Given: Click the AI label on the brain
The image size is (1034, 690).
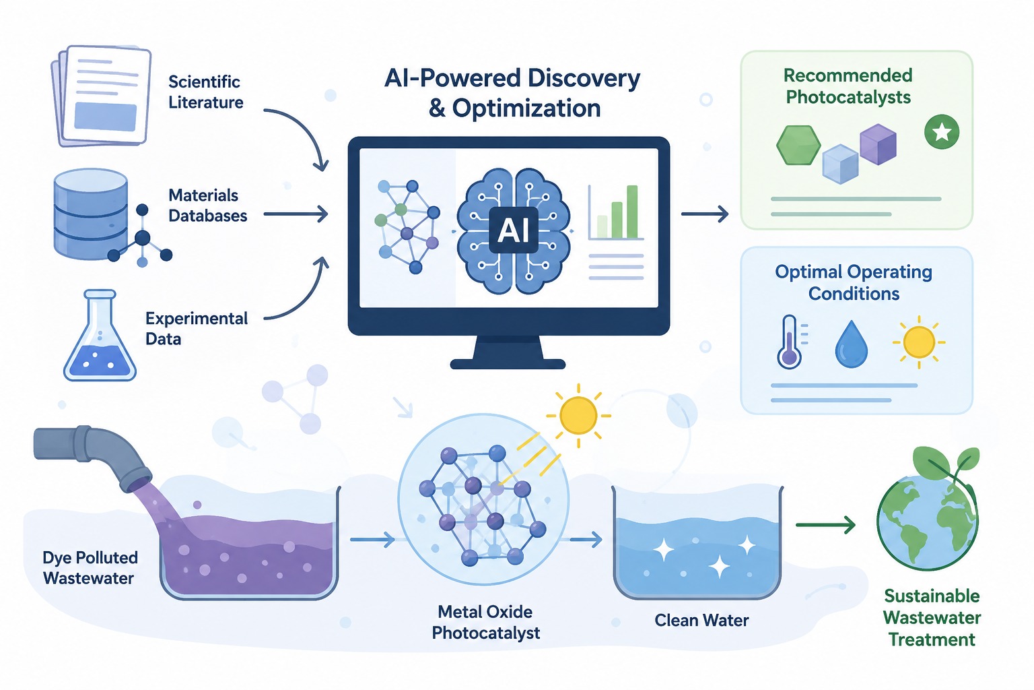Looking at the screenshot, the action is [514, 230].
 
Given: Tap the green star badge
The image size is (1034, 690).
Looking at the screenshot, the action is [942, 132].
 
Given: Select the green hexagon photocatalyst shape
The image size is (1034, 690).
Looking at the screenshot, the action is [798, 145].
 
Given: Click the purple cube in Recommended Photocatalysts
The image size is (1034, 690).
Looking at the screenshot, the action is [878, 144].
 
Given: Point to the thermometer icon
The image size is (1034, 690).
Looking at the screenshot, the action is [790, 342].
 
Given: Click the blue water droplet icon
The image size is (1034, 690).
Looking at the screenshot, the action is [851, 344].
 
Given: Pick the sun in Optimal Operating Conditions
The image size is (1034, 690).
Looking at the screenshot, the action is [919, 342].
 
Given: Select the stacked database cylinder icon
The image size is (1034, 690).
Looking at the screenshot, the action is [90, 214].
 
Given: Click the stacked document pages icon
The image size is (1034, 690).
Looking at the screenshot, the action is [101, 96].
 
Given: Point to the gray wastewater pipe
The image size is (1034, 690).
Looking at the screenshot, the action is [92, 456].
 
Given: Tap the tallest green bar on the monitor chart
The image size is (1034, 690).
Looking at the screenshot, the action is [632, 211].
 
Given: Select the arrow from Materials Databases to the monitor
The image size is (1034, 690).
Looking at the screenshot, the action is [296, 214].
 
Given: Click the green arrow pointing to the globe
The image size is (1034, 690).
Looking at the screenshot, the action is [825, 524].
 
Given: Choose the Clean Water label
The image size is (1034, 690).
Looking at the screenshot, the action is [701, 620].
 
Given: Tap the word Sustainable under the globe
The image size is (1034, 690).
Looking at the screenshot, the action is [932, 596].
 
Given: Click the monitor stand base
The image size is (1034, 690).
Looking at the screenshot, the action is [508, 364].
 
